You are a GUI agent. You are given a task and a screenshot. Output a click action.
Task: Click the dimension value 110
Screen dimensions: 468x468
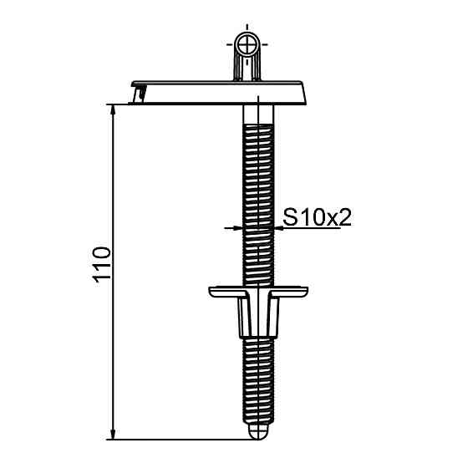pos(101,266)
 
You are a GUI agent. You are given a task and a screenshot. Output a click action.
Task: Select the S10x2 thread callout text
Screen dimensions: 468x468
pos(316,217)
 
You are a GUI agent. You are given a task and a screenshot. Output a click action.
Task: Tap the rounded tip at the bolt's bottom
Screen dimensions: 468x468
pos(259,431)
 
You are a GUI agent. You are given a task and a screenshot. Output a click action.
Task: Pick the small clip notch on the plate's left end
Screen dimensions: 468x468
pos(140,94)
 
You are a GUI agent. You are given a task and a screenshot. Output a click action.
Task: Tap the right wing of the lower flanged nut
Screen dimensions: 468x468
pos(294,292)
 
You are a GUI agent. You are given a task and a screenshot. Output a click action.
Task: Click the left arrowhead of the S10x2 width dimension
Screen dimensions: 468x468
pos(237,226)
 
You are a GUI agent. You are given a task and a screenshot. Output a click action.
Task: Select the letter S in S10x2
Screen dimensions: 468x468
pos(290,217)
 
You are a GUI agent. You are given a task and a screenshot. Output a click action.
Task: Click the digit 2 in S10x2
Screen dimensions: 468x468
pos(342,217)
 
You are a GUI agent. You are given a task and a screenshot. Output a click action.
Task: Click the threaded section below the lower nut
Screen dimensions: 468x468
pos(259,376)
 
